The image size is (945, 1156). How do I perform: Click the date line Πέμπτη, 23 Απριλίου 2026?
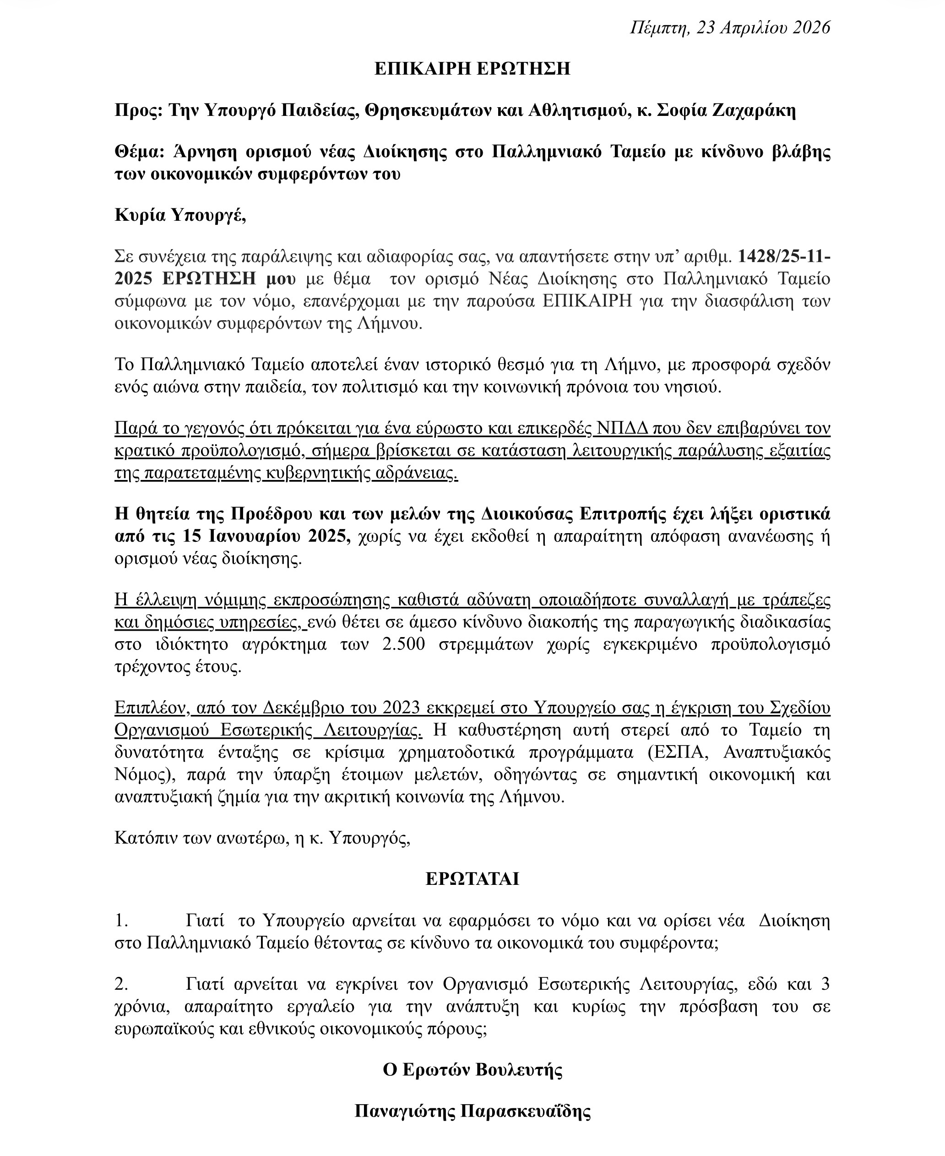(730, 27)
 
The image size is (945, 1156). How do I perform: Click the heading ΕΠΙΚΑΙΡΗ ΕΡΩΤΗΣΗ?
(472, 69)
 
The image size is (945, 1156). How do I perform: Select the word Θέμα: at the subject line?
(139, 152)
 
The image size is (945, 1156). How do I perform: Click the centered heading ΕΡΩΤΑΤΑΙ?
(472, 879)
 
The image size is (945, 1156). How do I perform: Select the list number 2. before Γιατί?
(121, 985)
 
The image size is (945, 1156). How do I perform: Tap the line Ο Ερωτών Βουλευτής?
(472, 1070)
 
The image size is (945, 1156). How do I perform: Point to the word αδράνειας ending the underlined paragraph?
(417, 474)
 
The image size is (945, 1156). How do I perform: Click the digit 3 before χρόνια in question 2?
(825, 985)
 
